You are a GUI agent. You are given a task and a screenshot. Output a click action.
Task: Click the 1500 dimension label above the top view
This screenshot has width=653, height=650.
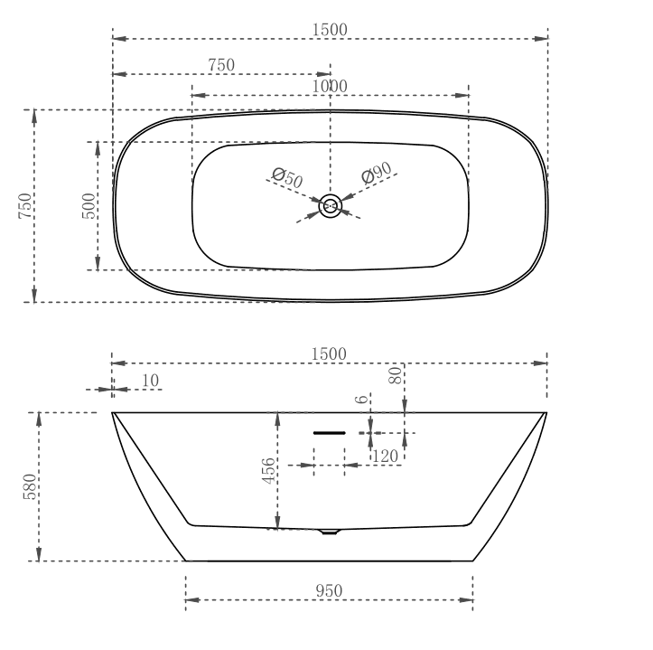point(329,29)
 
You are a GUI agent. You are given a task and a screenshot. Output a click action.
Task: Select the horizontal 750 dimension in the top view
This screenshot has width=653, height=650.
point(221,65)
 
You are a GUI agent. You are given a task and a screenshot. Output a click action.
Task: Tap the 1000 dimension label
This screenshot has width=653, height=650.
point(330,86)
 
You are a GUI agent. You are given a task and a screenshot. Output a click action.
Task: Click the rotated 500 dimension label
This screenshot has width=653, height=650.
point(89,206)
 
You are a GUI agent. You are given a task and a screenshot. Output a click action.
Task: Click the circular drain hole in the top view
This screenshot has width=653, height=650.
point(331,207)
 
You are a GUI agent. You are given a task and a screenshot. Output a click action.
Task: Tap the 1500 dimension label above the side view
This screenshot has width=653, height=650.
point(329,353)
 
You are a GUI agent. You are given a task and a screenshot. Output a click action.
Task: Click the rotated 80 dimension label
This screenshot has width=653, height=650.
point(396,376)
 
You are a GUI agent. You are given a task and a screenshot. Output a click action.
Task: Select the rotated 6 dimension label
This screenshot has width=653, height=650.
point(361,399)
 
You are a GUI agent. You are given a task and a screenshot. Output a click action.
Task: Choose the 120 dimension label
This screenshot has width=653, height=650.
point(386,457)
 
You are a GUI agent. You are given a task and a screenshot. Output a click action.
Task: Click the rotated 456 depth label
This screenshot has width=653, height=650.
point(269,472)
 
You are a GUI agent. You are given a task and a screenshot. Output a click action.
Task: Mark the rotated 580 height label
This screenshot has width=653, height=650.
point(29,488)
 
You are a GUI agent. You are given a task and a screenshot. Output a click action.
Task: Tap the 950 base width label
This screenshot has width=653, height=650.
point(329,590)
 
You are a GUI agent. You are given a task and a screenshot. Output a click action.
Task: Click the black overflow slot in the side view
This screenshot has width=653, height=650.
point(330,433)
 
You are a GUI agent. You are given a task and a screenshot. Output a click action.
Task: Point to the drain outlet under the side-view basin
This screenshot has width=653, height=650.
point(330,532)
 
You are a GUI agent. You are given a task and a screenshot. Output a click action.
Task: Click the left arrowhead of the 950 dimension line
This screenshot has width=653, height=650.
point(191,599)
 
